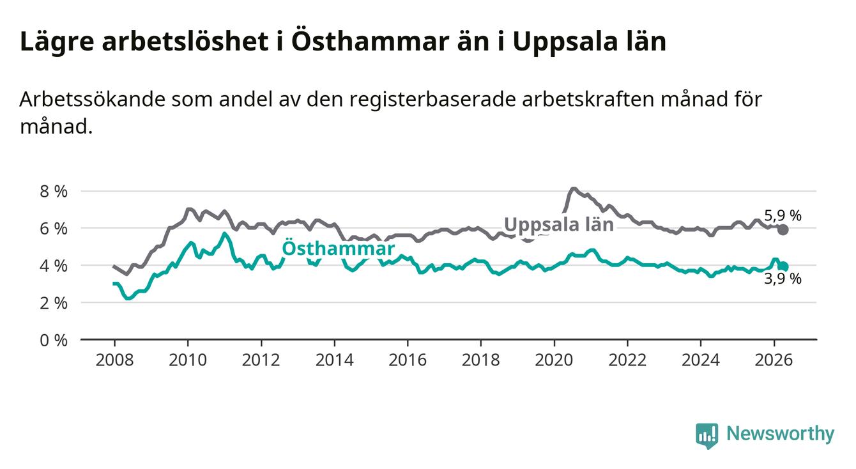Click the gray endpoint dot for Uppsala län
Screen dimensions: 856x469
click(783, 230)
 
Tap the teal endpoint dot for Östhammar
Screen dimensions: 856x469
click(783, 266)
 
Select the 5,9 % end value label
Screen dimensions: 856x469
click(783, 215)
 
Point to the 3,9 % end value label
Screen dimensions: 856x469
click(783, 279)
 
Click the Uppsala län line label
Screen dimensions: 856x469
click(559, 225)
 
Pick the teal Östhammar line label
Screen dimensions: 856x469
click(338, 248)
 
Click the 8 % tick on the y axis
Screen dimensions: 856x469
click(54, 191)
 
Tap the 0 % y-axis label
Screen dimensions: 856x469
click(54, 340)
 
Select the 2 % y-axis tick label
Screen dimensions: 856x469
click(54, 303)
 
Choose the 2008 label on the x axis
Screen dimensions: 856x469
click(114, 360)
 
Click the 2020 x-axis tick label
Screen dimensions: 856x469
click(554, 360)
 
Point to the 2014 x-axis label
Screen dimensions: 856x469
click(334, 360)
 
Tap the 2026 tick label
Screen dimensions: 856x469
click(774, 360)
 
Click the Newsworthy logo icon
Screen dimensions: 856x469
click(707, 436)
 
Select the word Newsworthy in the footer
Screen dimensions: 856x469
click(781, 434)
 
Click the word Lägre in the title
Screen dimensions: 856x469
click(57, 42)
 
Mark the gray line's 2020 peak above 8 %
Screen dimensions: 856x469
click(573, 188)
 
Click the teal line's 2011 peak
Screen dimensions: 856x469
click(225, 233)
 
